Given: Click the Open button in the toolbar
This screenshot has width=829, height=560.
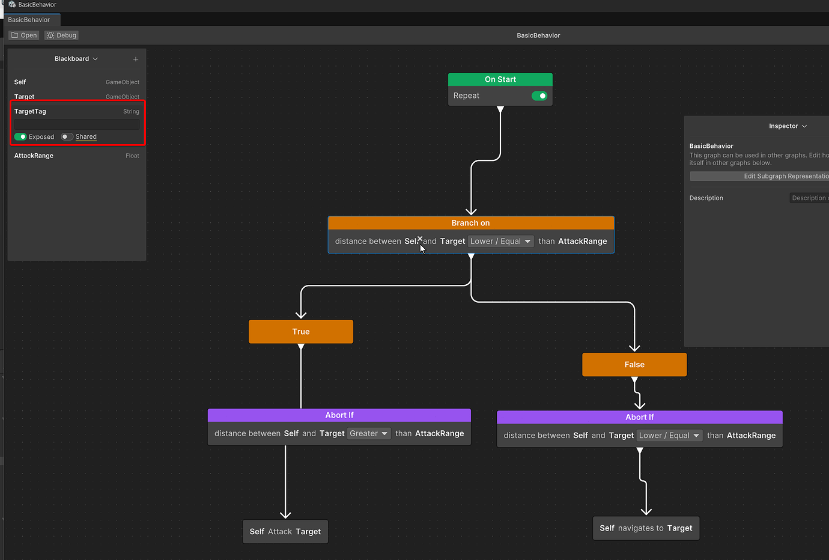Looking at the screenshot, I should pyautogui.click(x=24, y=35).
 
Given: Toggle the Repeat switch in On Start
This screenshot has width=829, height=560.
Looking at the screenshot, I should pyautogui.click(x=539, y=96).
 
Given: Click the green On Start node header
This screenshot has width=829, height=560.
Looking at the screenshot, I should pyautogui.click(x=500, y=79).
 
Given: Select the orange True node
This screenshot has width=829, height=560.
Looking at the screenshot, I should pyautogui.click(x=301, y=332).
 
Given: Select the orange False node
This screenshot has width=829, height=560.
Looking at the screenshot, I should pyautogui.click(x=634, y=365).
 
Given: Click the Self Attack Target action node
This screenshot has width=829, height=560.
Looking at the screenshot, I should pyautogui.click(x=285, y=532).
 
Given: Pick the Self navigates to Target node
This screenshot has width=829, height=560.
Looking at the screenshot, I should pyautogui.click(x=646, y=528).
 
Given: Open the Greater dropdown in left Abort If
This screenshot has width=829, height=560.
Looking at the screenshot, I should pyautogui.click(x=369, y=434).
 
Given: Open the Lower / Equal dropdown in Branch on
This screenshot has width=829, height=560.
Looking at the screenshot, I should pyautogui.click(x=500, y=242).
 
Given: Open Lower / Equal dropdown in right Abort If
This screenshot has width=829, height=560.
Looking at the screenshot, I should pyautogui.click(x=669, y=436).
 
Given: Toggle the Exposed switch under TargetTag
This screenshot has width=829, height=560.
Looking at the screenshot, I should pyautogui.click(x=20, y=137).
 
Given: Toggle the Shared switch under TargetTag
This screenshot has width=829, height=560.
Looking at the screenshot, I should pyautogui.click(x=67, y=137).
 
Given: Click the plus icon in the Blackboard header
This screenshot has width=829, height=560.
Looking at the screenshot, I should pyautogui.click(x=136, y=59).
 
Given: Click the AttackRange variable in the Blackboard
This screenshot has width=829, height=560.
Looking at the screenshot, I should pyautogui.click(x=34, y=156).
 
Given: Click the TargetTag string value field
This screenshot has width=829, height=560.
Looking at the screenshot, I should pyautogui.click(x=77, y=124).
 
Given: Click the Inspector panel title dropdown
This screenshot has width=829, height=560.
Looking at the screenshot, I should pyautogui.click(x=788, y=126).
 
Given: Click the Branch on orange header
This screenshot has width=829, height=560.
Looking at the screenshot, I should pyautogui.click(x=471, y=223).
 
